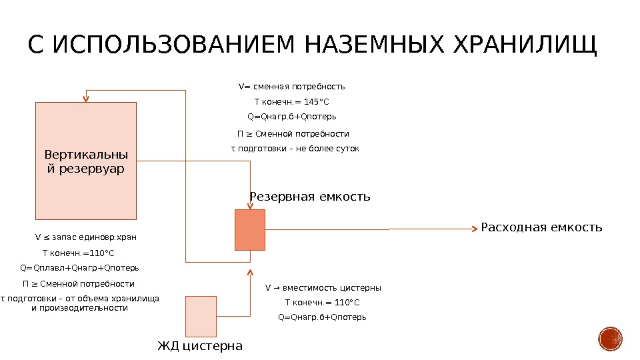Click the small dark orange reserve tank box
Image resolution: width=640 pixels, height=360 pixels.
pyautogui.click(x=250, y=229)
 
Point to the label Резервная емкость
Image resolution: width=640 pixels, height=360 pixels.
pyautogui.click(x=309, y=197)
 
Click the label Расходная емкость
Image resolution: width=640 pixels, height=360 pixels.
pyautogui.click(x=541, y=227)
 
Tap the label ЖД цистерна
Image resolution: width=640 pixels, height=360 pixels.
pyautogui.click(x=200, y=346)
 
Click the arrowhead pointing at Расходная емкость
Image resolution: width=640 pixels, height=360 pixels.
pyautogui.click(x=475, y=228)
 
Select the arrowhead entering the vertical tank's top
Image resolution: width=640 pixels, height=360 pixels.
pyautogui.click(x=85, y=99)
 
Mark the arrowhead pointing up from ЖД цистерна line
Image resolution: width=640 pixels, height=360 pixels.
pyautogui.click(x=251, y=272)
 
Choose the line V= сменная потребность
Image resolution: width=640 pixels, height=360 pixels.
pyautogui.click(x=292, y=87)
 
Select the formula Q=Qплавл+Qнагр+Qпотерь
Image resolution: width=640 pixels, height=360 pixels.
pyautogui.click(x=79, y=268)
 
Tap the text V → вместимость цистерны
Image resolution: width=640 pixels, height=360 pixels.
pyautogui.click(x=323, y=288)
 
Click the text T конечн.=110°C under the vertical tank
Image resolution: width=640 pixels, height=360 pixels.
pyautogui.click(x=78, y=253)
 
